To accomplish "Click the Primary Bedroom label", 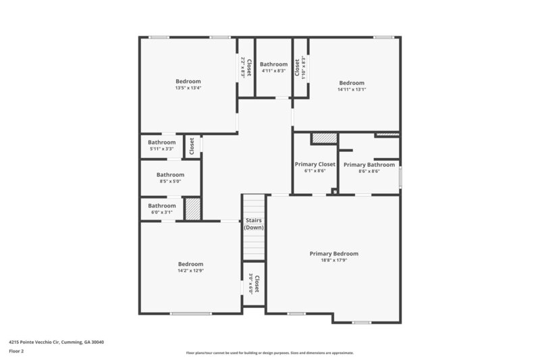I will [333, 254].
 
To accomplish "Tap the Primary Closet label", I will [315, 164].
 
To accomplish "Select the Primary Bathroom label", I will [369, 165].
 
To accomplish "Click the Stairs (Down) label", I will [254, 224].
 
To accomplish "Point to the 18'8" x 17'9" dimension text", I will [333, 261].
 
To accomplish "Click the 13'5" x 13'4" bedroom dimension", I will [188, 88].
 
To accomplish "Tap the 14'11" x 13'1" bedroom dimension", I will [351, 90].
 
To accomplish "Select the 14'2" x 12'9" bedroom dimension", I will [190, 271].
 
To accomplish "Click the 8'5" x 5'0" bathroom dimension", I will [171, 181].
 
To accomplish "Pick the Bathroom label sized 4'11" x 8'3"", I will [273, 64].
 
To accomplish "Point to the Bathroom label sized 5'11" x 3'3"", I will [162, 143].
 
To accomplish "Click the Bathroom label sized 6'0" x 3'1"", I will [162, 206].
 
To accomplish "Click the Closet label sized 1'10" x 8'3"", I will [297, 67].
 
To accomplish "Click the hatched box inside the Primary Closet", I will [323, 138].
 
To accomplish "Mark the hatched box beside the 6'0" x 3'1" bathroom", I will [193, 208].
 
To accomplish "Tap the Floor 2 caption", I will [16, 351].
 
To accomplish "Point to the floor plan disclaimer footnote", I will [269, 353].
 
